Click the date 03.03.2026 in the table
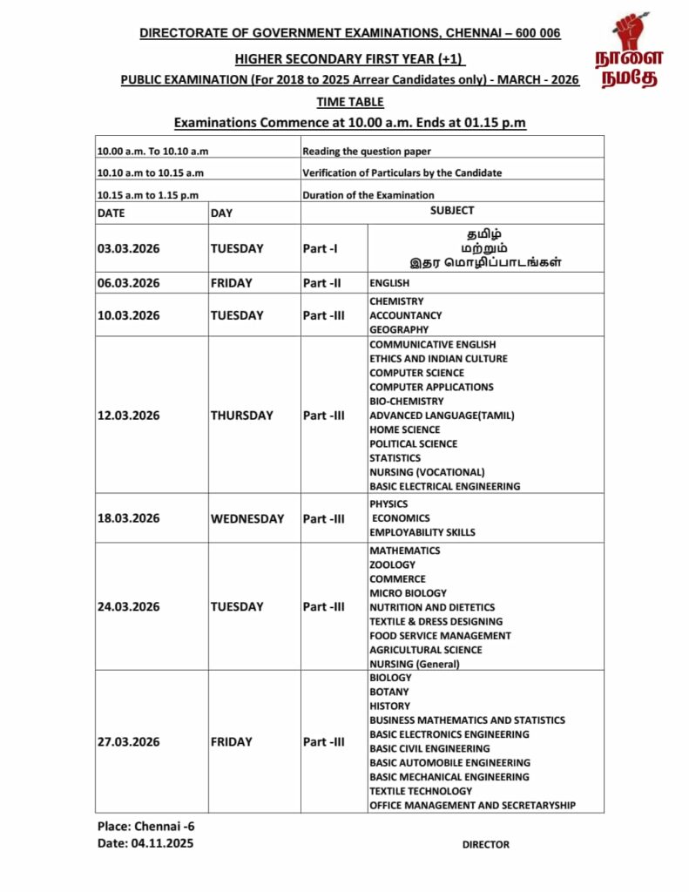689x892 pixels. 129,248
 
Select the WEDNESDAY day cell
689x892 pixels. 247,518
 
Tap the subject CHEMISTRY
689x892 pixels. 396,301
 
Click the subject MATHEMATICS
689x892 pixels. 404,551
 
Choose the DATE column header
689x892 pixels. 111,213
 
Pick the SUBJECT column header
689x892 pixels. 452,211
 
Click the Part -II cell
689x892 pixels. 321,283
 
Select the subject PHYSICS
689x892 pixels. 388,503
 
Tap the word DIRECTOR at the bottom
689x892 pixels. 485,844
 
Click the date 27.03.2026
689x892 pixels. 129,742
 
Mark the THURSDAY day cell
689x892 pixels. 241,416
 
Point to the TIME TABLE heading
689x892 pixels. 349,102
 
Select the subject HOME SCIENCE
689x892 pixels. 404,429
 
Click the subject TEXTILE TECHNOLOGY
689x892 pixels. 421,791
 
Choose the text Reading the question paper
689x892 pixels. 366,152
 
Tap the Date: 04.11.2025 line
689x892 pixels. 145,842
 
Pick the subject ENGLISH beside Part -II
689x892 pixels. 389,283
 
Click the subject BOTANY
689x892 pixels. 388,692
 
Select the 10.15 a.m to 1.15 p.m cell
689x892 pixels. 149,195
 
